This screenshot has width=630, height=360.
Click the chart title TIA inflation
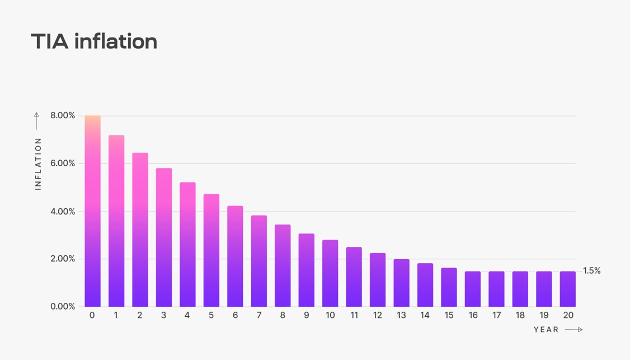coord(94,41)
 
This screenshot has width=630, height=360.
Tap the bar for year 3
coord(164,237)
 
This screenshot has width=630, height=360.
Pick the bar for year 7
coord(259,261)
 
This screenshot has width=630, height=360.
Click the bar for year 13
coord(401,283)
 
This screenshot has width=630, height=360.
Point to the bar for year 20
coord(568,289)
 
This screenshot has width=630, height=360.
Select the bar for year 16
coord(473,289)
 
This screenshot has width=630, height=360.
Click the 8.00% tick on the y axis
coord(63,116)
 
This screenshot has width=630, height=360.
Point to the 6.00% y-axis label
coord(63,163)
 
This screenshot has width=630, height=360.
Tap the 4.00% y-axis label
coord(63,212)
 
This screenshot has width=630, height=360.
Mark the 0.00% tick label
coord(63,307)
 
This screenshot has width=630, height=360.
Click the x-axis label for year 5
coord(211,316)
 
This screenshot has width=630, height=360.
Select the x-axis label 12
coord(378,316)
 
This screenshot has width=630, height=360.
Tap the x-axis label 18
coord(520,316)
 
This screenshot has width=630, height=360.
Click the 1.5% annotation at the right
coord(591,271)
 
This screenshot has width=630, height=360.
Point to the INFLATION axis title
coord(39,163)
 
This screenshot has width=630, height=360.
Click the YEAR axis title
coord(546,330)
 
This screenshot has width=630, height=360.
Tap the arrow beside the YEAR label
coord(574,330)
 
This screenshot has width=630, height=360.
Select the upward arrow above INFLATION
coord(37,120)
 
